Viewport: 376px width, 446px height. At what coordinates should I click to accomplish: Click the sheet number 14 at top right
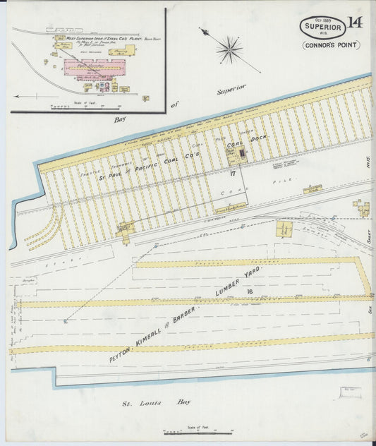click(354, 23)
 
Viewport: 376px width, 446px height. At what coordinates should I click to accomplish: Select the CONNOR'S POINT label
click(331, 45)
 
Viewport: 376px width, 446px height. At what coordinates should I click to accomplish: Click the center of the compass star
click(229, 49)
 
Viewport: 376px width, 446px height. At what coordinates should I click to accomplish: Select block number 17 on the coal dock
click(232, 172)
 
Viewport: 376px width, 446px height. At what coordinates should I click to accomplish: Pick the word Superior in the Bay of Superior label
click(231, 88)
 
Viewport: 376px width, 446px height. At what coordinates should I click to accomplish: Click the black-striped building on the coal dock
click(241, 152)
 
